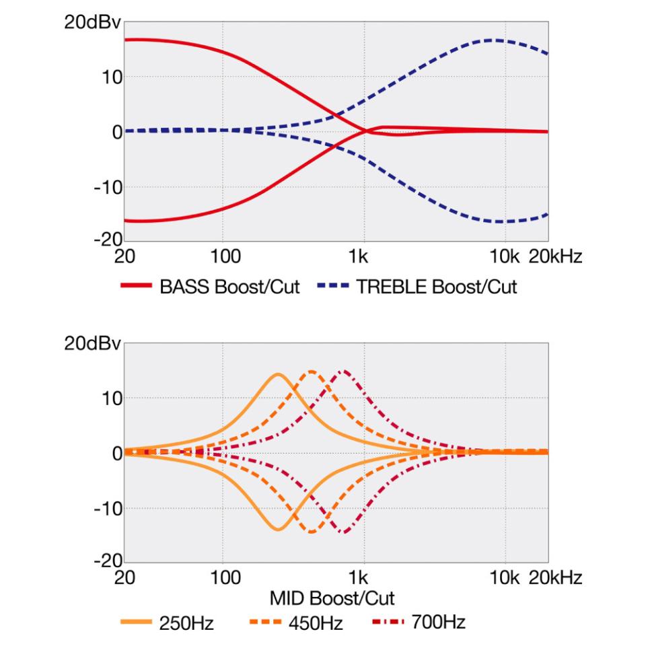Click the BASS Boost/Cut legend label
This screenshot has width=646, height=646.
229,287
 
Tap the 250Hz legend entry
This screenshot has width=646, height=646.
186,622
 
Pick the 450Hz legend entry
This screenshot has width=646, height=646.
316,622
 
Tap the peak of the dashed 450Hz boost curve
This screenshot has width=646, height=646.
312,371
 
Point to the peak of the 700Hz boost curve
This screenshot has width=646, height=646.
344,371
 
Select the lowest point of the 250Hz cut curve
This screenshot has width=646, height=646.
278,530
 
